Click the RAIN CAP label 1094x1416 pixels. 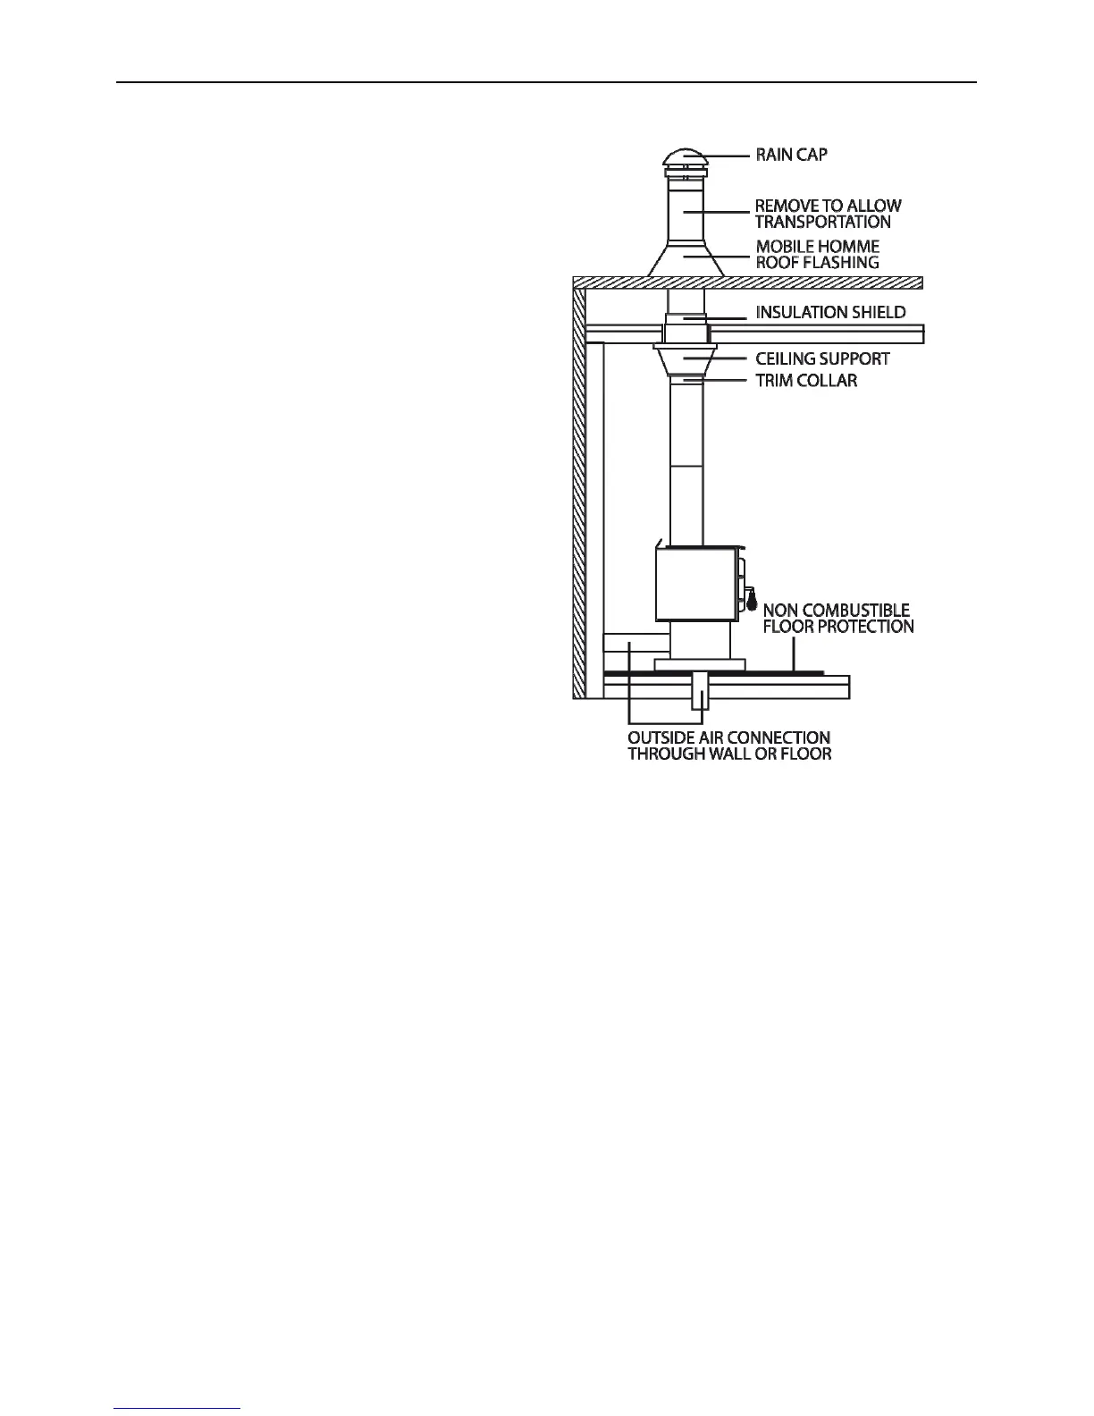tap(791, 155)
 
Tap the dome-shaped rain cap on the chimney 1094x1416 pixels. tap(685, 158)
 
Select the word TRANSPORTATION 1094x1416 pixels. tap(822, 222)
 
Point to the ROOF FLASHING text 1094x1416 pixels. tap(817, 262)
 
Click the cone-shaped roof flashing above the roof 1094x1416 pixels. tap(685, 262)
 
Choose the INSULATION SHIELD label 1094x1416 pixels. tap(830, 312)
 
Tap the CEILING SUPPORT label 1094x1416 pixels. tap(822, 358)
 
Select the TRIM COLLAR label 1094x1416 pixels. tap(806, 381)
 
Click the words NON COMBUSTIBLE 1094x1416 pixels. tap(837, 611)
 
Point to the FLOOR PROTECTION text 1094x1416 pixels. tap(838, 627)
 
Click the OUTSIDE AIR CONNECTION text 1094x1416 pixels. tap(728, 737)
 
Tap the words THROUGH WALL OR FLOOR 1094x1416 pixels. tap(729, 754)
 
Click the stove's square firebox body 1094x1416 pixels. tap(696, 584)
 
